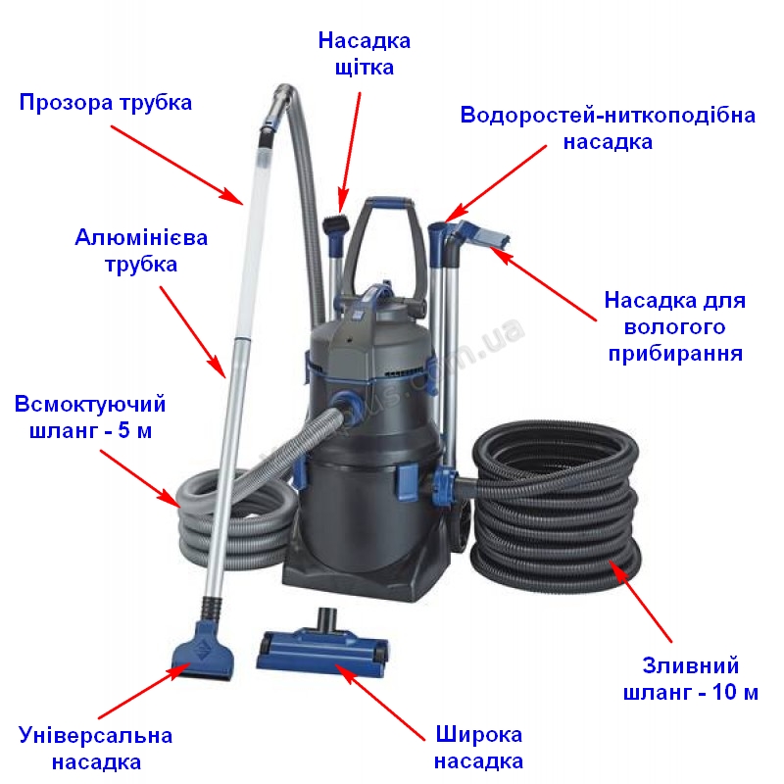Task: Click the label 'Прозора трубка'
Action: pyautogui.click(x=106, y=103)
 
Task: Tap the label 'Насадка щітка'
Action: pyautogui.click(x=365, y=54)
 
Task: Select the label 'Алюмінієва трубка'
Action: pyautogui.click(x=141, y=251)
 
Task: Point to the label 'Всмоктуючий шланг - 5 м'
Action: pyautogui.click(x=90, y=417)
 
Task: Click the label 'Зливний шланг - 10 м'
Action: pyautogui.click(x=691, y=679)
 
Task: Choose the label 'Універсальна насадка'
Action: pyautogui.click(x=95, y=749)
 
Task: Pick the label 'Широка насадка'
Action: pyautogui.click(x=478, y=748)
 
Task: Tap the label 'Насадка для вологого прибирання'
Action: pyautogui.click(x=675, y=326)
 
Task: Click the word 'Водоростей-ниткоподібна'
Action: pyautogui.click(x=608, y=115)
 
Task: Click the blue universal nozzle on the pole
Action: pyautogui.click(x=203, y=650)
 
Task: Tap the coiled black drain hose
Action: pyautogui.click(x=555, y=505)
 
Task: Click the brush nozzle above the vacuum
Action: pyautogui.click(x=334, y=231)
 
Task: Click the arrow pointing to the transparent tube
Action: pyautogui.click(x=177, y=165)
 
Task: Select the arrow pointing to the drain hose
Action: pyautogui.click(x=641, y=602)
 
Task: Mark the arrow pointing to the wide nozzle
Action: pyautogui.click(x=380, y=702)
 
